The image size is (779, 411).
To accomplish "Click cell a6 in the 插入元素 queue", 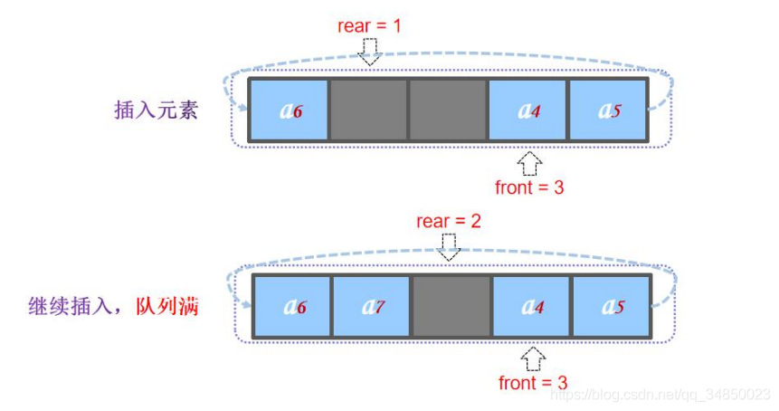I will (x=289, y=110).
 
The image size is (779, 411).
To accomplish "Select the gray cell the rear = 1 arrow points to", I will (x=368, y=110).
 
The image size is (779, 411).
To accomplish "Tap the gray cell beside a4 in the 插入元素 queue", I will (x=448, y=110).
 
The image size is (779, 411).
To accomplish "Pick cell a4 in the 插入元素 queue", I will (x=527, y=110).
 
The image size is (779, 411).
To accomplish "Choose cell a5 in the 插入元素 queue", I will (x=607, y=110).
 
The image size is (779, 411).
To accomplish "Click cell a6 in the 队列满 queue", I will (x=291, y=306).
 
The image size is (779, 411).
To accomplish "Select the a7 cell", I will (x=371, y=306).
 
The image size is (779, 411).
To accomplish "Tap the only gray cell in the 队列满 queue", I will (x=451, y=306).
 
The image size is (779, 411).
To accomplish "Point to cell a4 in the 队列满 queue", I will (x=530, y=306).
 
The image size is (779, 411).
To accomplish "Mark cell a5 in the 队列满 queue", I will (x=610, y=306).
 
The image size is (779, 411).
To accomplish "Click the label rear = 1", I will (x=369, y=25).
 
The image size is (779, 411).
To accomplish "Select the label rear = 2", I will (x=448, y=221).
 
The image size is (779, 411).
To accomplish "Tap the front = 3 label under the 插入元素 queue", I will (x=529, y=187).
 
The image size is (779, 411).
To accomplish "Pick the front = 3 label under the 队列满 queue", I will (x=533, y=382).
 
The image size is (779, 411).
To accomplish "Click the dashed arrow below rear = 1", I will (x=369, y=51).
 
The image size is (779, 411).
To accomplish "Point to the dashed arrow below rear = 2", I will (x=448, y=246).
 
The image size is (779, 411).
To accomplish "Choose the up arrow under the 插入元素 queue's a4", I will (x=530, y=163).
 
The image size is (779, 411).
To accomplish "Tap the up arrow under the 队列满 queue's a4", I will (x=534, y=358).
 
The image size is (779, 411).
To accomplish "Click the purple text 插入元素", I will (x=156, y=110).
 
